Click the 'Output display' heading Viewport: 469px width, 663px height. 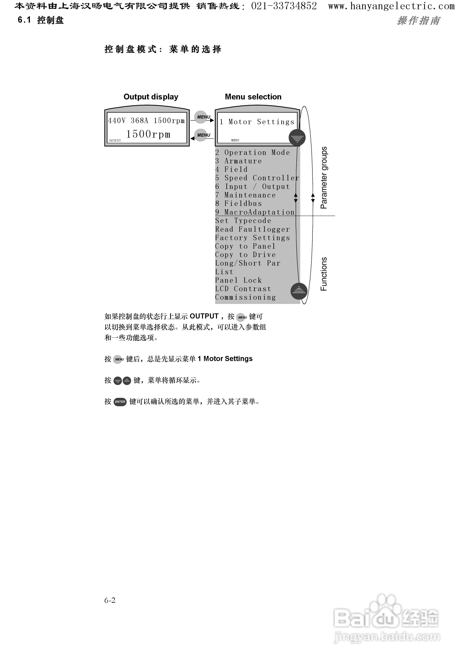[151, 97]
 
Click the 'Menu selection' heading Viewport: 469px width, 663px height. [253, 97]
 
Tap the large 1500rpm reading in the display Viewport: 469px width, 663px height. [148, 134]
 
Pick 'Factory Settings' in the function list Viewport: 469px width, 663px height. [252, 238]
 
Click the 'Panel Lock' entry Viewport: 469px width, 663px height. [238, 280]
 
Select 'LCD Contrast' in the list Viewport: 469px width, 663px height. [243, 289]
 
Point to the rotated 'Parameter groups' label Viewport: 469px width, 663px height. [324, 178]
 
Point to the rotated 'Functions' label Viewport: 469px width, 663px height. [324, 274]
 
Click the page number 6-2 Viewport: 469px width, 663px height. [110, 600]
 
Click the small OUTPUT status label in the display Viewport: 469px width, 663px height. [115, 141]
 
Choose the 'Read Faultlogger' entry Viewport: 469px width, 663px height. [252, 229]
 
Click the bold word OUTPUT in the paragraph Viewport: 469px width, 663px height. [204, 316]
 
